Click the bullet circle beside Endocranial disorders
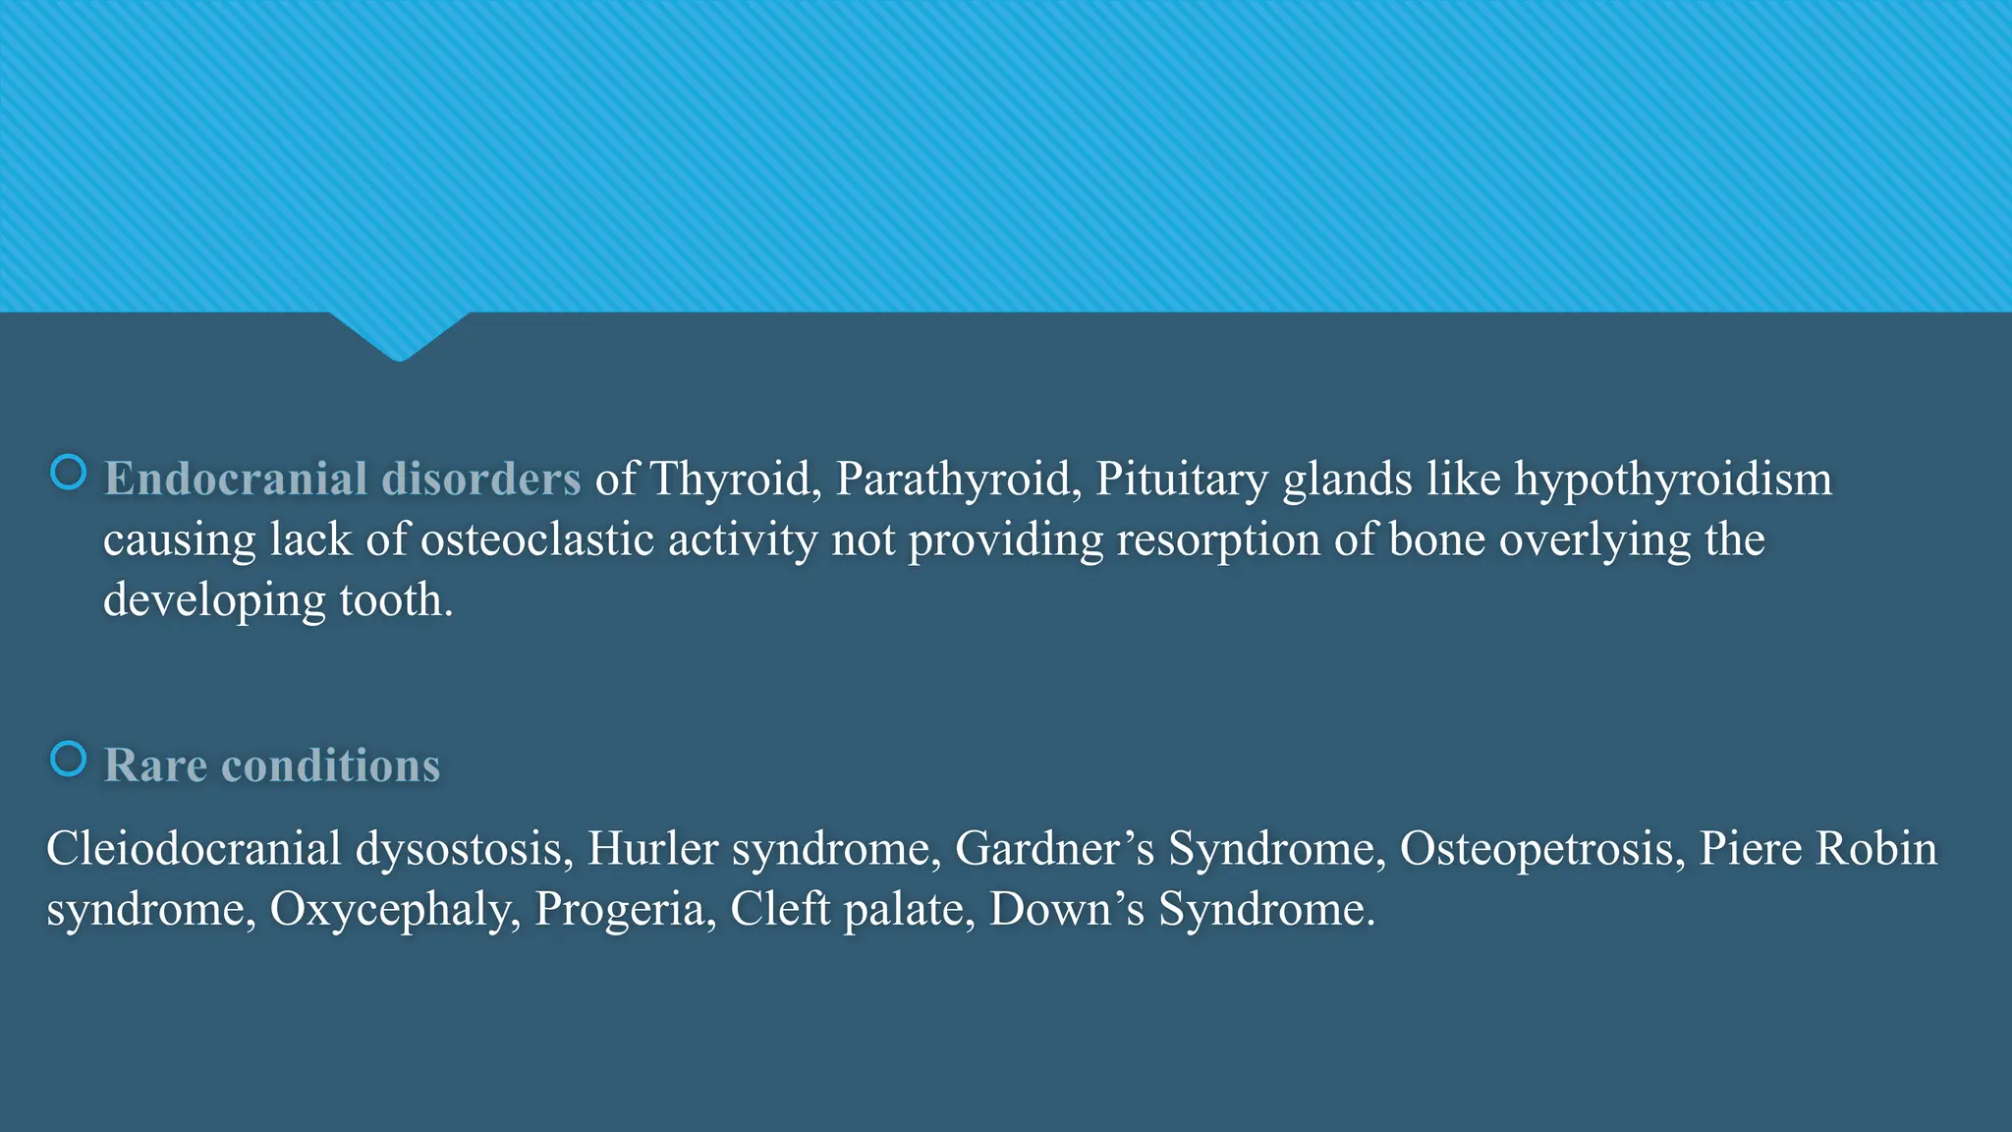pos(68,473)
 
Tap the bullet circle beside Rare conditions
pos(68,759)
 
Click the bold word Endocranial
pos(236,479)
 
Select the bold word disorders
pos(481,479)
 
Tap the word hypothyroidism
pos(1673,480)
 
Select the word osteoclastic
pos(537,539)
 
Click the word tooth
pos(396,599)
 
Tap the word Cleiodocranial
pos(194,849)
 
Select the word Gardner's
pos(1055,849)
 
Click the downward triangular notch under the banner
pos(399,334)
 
